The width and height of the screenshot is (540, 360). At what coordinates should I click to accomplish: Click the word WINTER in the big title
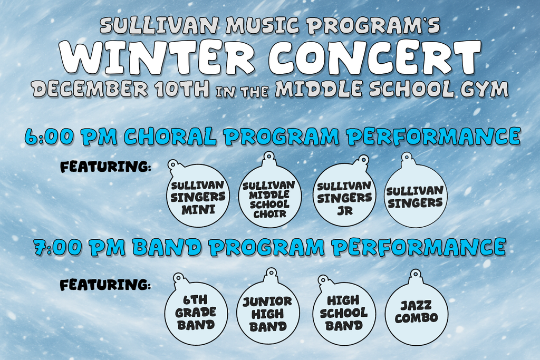tap(157, 56)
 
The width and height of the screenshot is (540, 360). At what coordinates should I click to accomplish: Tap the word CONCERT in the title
tap(374, 56)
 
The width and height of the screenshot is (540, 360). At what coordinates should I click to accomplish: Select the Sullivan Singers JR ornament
tap(344, 197)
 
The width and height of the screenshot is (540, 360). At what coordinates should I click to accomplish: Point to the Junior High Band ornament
tap(268, 313)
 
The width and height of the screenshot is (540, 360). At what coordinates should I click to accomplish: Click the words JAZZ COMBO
tap(416, 312)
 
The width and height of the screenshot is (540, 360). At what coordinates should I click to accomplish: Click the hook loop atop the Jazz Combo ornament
tap(416, 274)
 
